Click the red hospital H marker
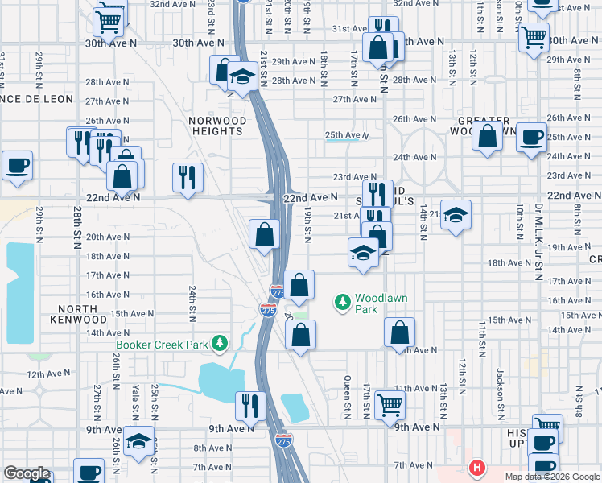point(477,468)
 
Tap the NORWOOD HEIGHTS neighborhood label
point(217,126)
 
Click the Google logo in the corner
point(27,473)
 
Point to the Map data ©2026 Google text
point(551,477)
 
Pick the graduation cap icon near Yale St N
point(140,440)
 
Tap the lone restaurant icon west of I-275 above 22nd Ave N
point(187,175)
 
